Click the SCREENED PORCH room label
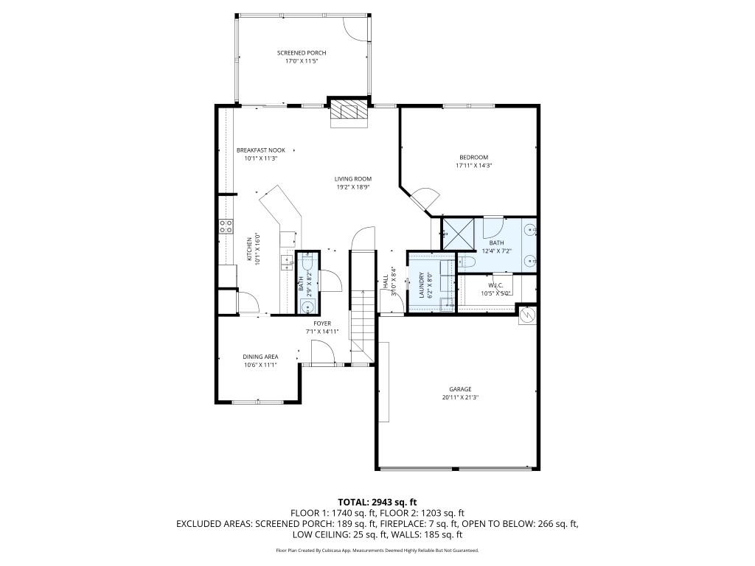pos(301,53)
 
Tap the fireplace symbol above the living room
pos(347,112)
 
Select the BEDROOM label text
pos(473,157)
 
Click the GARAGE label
pos(460,389)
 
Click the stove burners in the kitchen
pos(225,226)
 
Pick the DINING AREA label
pos(260,357)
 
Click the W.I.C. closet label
pos(495,284)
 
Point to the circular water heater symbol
pos(528,315)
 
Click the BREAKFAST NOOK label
pos(260,150)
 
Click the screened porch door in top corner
pos(357,27)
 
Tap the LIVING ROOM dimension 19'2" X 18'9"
pos(352,187)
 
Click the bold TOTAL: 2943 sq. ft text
pos(376,501)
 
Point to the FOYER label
pos(322,324)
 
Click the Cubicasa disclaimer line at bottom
pos(377,551)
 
